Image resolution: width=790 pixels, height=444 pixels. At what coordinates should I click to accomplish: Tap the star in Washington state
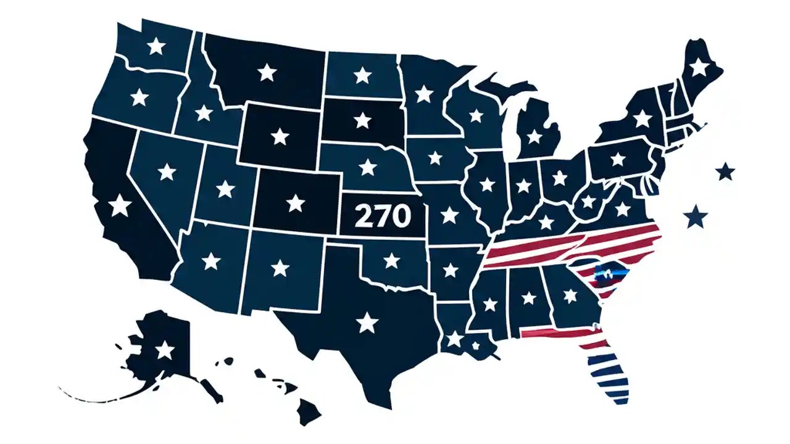pyautogui.click(x=157, y=46)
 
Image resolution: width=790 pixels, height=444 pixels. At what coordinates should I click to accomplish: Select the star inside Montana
pyautogui.click(x=267, y=72)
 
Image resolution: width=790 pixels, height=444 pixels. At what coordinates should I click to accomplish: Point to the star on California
pyautogui.click(x=120, y=205)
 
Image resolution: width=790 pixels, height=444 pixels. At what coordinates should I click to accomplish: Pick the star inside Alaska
pyautogui.click(x=164, y=350)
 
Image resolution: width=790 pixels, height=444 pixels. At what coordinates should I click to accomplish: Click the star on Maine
pyautogui.click(x=699, y=67)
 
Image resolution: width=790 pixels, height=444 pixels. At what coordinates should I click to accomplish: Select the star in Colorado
pyautogui.click(x=296, y=203)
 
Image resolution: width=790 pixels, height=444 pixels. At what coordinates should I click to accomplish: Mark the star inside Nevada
pyautogui.click(x=167, y=171)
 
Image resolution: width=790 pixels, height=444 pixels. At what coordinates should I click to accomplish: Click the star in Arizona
pyautogui.click(x=211, y=261)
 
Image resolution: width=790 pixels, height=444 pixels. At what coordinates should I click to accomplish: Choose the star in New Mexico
pyautogui.click(x=280, y=268)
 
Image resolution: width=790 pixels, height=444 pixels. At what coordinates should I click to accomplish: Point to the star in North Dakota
pyautogui.click(x=362, y=75)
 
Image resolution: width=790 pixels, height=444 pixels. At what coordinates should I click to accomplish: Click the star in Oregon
pyautogui.click(x=140, y=97)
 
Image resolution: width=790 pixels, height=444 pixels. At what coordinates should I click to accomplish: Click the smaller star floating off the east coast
pyautogui.click(x=726, y=171)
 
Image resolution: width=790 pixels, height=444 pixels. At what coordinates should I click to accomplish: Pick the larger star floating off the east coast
pyautogui.click(x=696, y=216)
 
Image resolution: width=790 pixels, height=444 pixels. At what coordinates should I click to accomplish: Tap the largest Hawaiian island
pyautogui.click(x=309, y=408)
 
